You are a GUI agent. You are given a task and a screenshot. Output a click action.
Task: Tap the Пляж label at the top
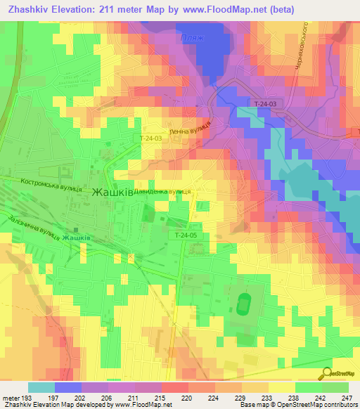192,38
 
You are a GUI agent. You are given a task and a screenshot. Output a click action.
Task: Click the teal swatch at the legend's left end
41,387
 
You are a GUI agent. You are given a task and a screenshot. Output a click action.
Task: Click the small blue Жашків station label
75,238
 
